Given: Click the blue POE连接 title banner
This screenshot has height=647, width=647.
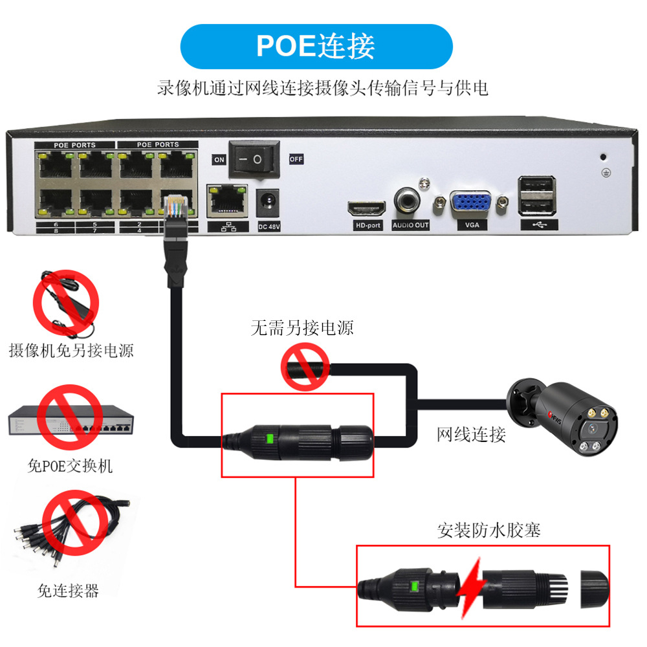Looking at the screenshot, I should coord(316,47).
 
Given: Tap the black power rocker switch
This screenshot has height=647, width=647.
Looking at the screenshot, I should coord(254,159).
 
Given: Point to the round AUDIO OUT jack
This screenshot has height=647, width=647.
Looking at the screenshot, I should coord(409,201).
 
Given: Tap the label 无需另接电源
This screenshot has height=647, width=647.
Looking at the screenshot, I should coord(302,329).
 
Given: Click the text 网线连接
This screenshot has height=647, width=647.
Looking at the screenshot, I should coord(471,434).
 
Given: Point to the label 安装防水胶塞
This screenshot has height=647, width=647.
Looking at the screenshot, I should coord(488,531).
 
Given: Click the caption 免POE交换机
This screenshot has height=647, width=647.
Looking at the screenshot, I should coord(71,466).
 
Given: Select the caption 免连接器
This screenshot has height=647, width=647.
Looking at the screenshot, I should coord(68,590).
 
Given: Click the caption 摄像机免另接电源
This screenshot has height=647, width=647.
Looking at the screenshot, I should coord(71,351).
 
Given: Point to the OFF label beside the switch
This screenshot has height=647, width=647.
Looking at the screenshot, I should coord(296,159).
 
